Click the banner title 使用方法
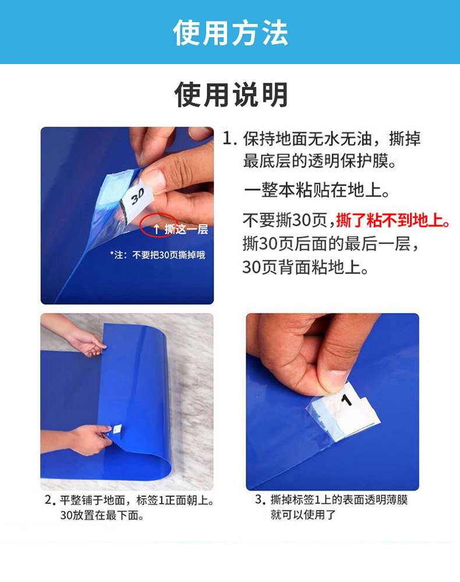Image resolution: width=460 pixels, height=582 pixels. (x=230, y=33)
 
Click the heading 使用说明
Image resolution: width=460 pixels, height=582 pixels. (x=231, y=94)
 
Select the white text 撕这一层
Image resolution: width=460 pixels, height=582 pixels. (x=186, y=229)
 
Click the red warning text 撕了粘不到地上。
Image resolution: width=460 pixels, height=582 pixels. (x=394, y=221)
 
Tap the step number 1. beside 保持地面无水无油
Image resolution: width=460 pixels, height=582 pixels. (x=230, y=139)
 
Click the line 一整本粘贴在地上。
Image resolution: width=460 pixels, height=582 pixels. (x=317, y=190)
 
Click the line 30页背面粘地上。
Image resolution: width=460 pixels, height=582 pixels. (x=306, y=267)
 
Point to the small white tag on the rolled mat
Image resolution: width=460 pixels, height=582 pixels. (x=115, y=430)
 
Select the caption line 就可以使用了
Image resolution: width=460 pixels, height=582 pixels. (x=303, y=515)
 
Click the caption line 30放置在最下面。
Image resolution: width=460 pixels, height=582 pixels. (x=102, y=515)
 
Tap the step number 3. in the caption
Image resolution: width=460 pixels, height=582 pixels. (x=260, y=500)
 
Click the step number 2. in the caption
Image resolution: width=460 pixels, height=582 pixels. (x=50, y=500)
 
